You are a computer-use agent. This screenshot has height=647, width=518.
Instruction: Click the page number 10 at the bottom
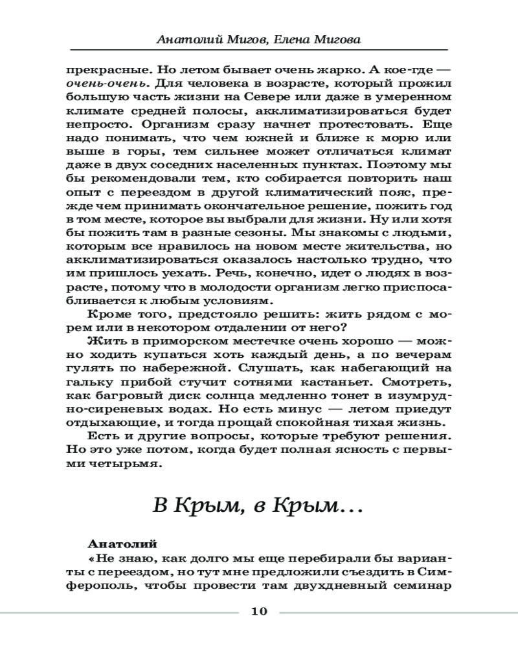258,612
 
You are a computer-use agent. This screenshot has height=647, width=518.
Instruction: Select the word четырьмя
123,465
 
